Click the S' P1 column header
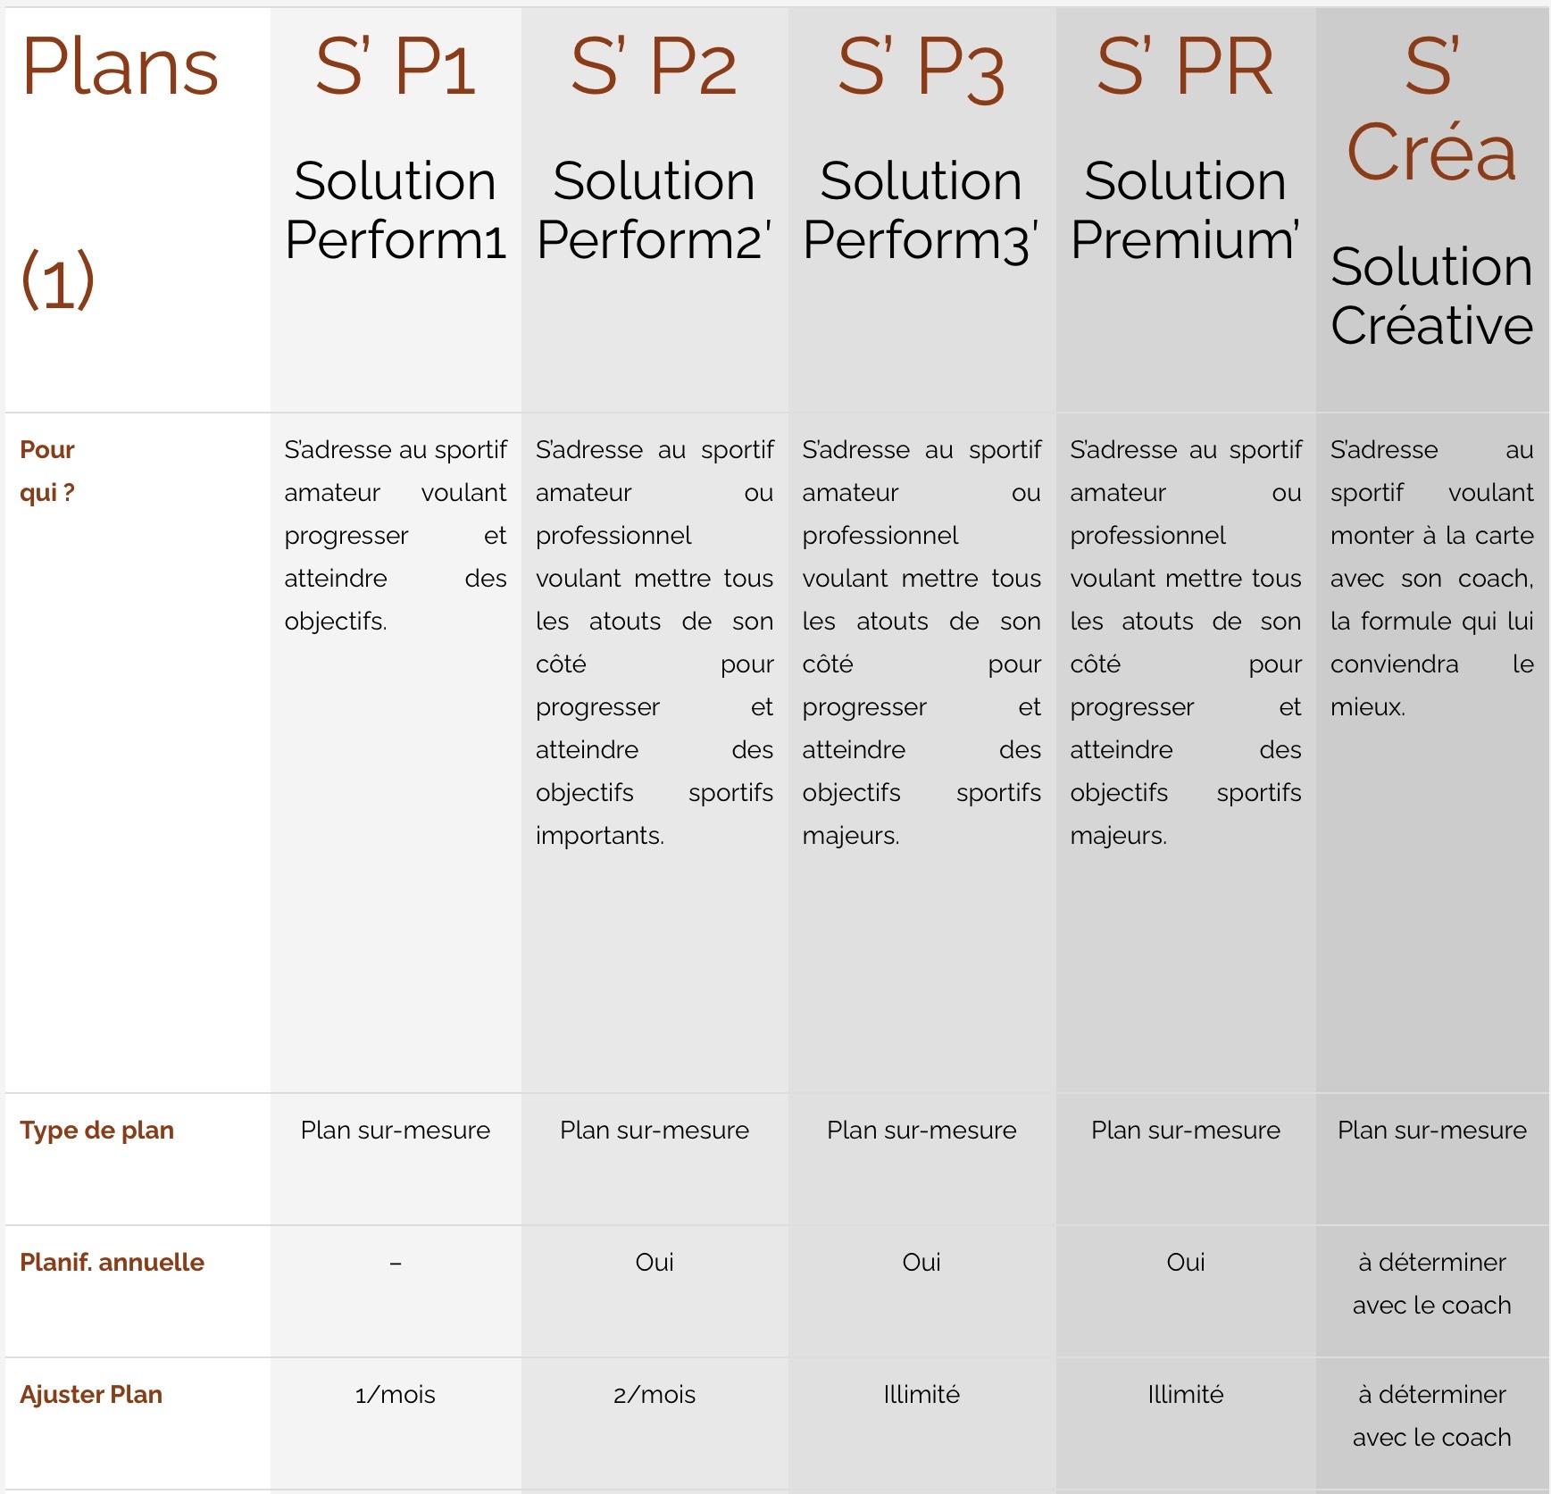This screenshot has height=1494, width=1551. tap(395, 67)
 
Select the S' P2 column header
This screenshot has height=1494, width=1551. tap(654, 67)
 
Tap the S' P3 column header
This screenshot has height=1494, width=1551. tap(921, 69)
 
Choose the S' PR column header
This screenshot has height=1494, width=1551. tap(1185, 67)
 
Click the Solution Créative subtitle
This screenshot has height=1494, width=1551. tap(1431, 296)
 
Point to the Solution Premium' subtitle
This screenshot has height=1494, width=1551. tap(1185, 210)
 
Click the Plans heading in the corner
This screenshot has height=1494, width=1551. tap(120, 67)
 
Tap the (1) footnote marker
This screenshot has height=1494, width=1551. tap(58, 280)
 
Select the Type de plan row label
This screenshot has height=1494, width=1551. tap(97, 1130)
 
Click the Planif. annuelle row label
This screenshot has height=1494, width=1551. tap(113, 1262)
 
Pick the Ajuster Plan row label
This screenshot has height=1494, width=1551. tap(91, 1394)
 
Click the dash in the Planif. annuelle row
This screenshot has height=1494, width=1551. tap(396, 1263)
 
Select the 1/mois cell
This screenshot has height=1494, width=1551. tap(396, 1394)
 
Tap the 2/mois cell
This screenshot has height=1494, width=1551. tap(655, 1394)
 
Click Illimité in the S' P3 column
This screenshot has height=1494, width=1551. tap(921, 1394)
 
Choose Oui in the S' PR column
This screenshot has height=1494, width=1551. tap(1185, 1262)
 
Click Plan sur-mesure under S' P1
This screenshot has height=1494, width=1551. tap(396, 1130)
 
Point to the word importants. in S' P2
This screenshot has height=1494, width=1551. tap(600, 835)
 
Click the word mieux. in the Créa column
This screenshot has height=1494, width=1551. tap(1367, 706)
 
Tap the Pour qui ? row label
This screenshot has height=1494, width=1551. tap(47, 471)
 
